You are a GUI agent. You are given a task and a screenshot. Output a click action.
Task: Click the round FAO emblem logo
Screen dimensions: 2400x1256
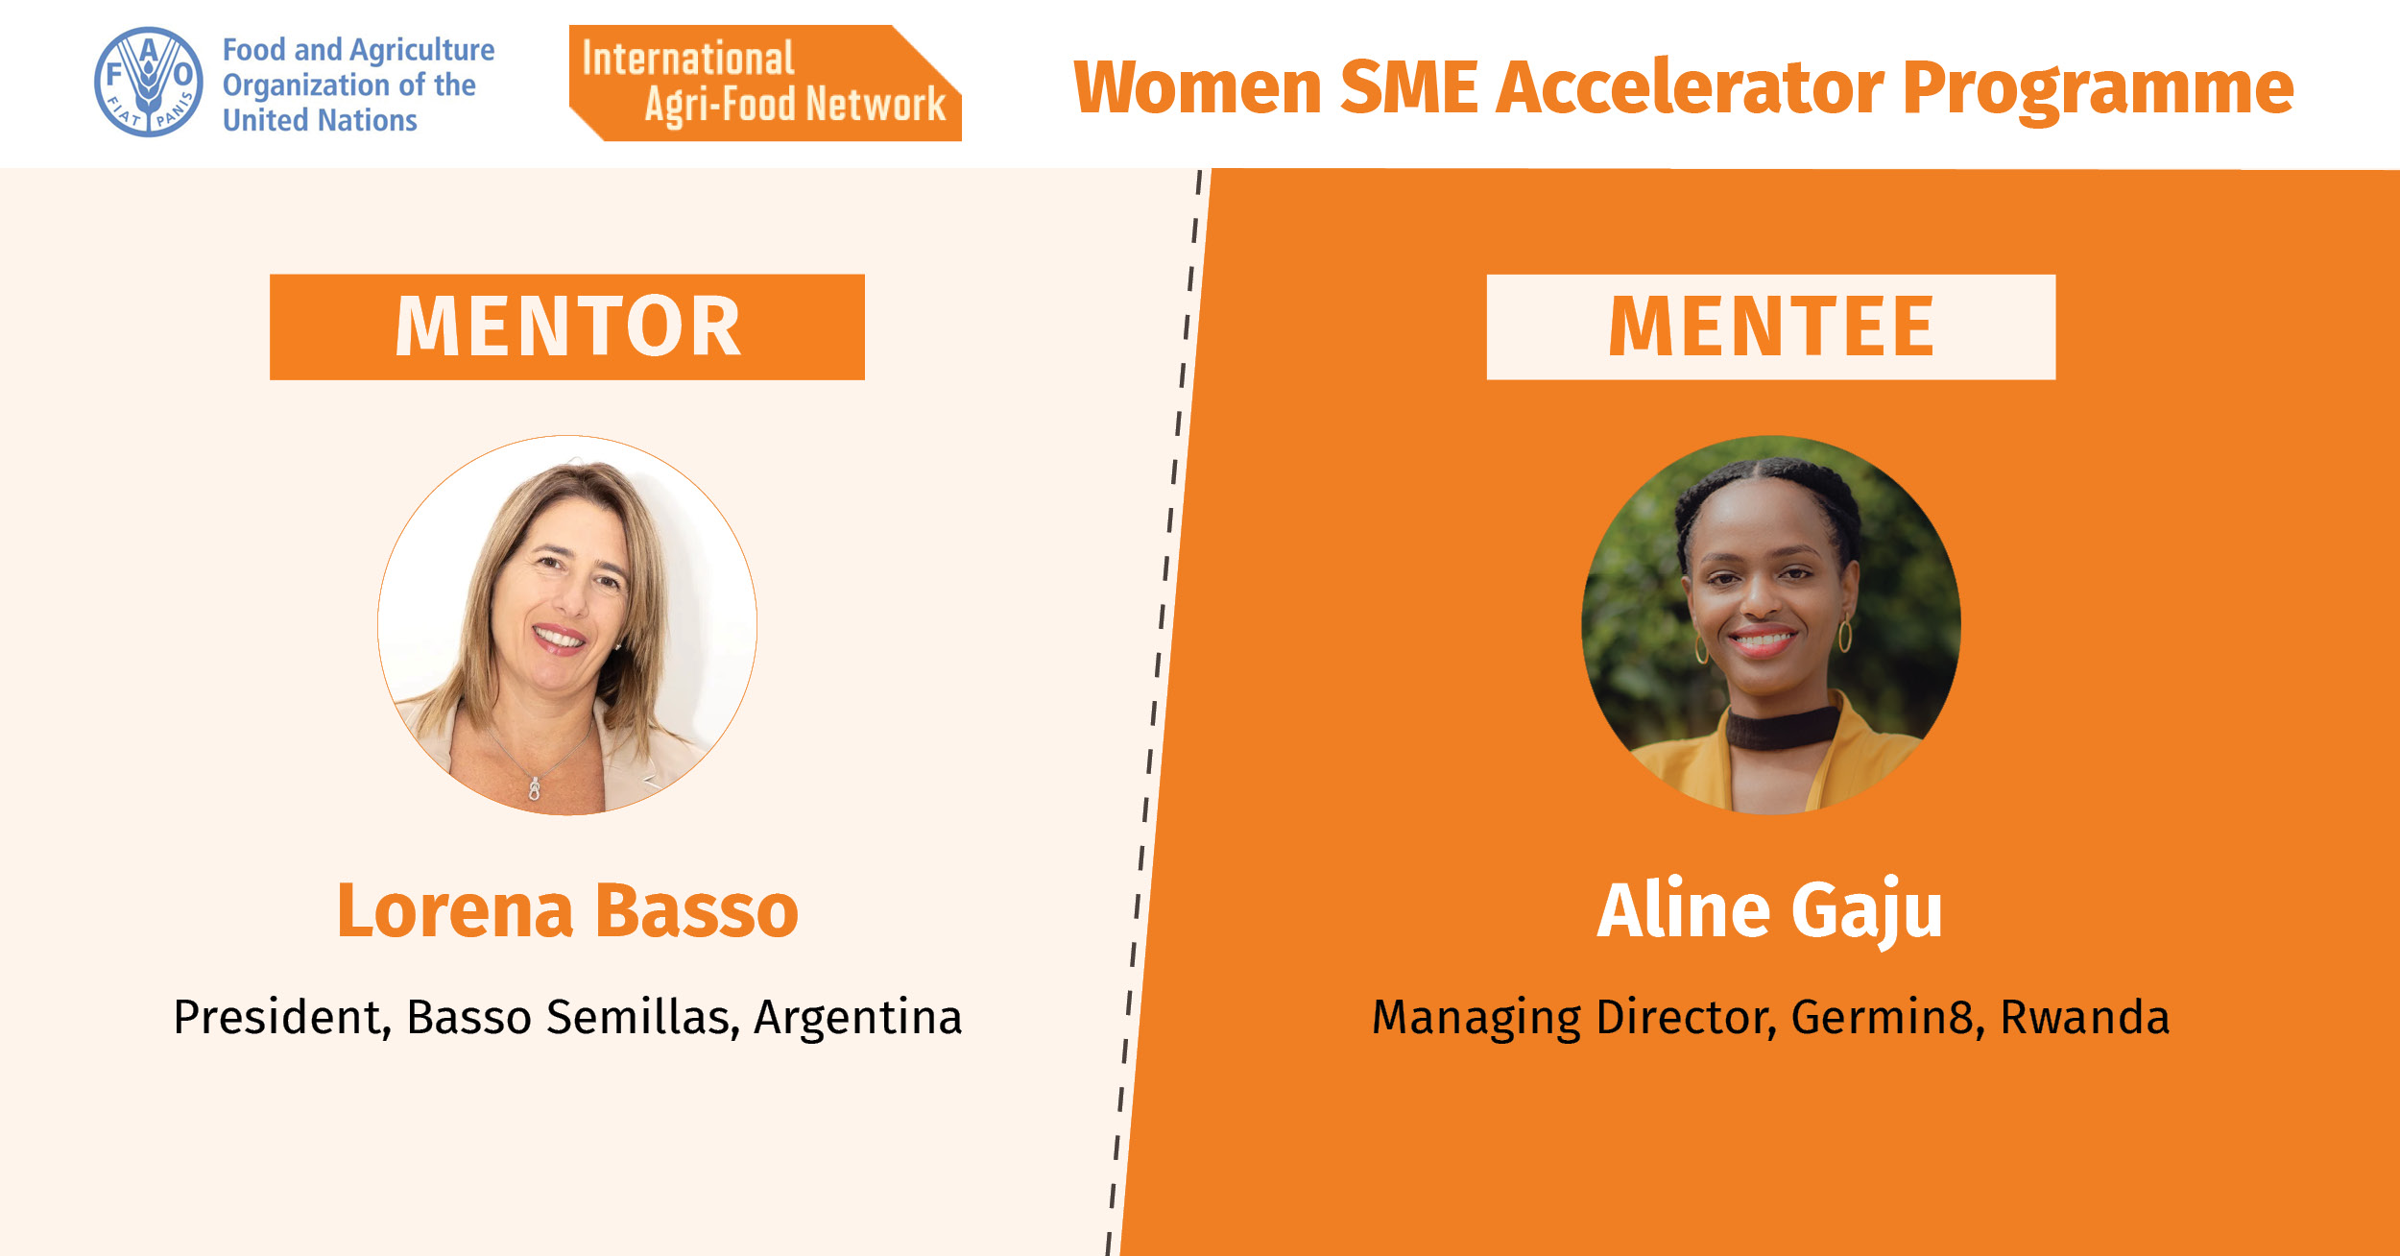(x=149, y=82)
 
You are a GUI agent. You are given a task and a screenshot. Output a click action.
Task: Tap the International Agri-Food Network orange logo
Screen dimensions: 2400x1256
(x=765, y=84)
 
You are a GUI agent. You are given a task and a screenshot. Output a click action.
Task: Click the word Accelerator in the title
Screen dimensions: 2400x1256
(x=1690, y=87)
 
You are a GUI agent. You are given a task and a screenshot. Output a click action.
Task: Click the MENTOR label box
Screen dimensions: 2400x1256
(x=567, y=327)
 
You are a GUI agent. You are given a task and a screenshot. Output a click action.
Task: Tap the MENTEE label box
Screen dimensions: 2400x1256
(x=1771, y=327)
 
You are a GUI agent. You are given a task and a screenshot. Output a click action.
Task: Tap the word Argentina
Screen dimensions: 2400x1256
(x=857, y=1017)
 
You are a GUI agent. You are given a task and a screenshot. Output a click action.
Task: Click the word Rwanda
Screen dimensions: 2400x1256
(x=2085, y=1018)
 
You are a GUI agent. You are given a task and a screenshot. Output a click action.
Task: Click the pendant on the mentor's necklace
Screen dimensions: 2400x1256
(x=535, y=789)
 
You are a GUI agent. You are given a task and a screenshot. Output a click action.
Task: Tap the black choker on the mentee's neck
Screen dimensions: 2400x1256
(x=1783, y=727)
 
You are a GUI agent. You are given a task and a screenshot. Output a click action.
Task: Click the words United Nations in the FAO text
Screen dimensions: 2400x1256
(x=320, y=121)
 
